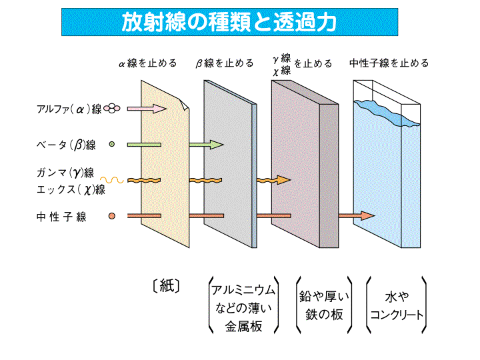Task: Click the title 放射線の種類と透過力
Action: click(x=229, y=22)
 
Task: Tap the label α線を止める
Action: click(x=147, y=63)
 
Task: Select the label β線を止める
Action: click(x=225, y=63)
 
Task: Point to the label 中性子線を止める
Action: click(x=389, y=63)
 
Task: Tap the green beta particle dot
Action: click(x=112, y=143)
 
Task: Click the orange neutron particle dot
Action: click(x=112, y=215)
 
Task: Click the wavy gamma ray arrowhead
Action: click(x=285, y=179)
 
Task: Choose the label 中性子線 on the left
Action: click(x=61, y=216)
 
